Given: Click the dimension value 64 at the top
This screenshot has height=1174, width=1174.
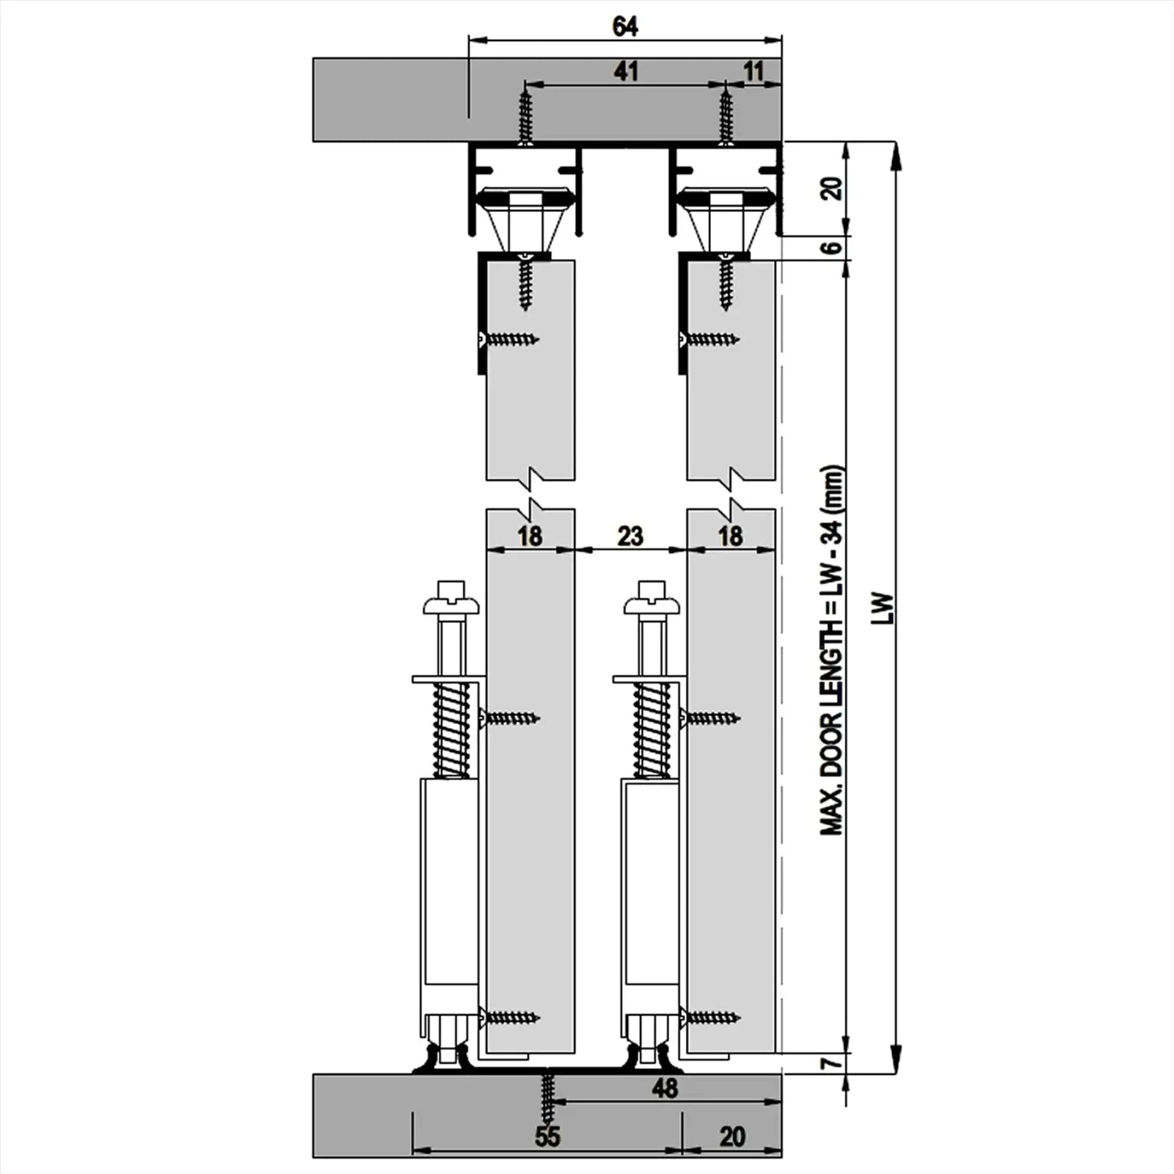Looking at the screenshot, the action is tap(625, 26).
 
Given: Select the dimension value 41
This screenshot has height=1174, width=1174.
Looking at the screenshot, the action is tap(625, 71).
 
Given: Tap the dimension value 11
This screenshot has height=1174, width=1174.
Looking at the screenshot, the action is tap(754, 71).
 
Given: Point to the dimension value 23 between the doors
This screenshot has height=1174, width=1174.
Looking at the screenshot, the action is tap(630, 536).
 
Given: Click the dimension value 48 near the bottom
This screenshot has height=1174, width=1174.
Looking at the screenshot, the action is tap(665, 1087).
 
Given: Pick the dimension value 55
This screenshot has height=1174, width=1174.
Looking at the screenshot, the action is tap(547, 1137).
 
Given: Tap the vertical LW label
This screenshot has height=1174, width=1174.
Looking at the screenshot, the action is tap(886, 608).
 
